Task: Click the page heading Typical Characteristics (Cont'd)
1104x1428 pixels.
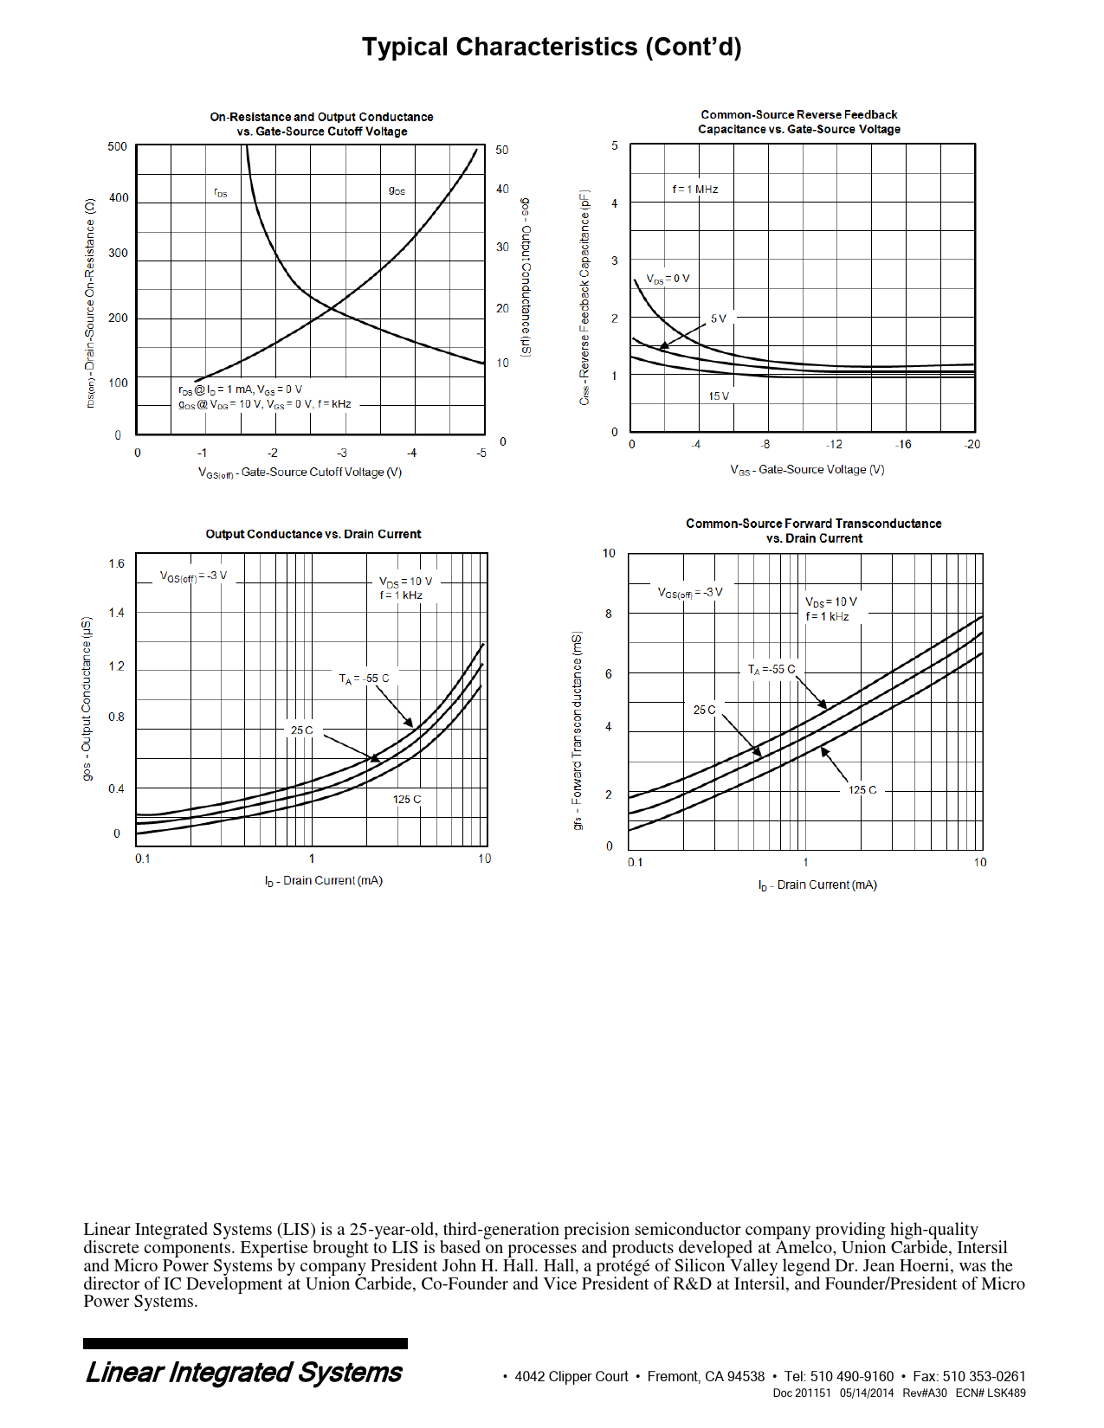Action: click(x=552, y=47)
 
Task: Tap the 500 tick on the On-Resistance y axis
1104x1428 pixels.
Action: click(x=117, y=146)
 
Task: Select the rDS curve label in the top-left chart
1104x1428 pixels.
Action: click(x=221, y=193)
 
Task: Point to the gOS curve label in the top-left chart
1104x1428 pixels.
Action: click(x=397, y=190)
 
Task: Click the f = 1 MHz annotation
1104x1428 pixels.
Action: click(x=695, y=189)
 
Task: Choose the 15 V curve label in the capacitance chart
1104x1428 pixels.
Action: click(x=719, y=396)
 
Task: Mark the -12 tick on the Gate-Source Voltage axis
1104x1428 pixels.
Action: click(x=833, y=444)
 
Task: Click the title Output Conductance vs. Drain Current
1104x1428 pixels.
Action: click(x=313, y=534)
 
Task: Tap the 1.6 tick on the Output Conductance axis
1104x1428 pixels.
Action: click(x=116, y=563)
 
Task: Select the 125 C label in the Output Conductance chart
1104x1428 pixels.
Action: click(x=407, y=799)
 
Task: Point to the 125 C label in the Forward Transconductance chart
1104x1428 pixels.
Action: click(x=862, y=789)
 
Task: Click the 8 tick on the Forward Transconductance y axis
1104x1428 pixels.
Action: click(x=609, y=614)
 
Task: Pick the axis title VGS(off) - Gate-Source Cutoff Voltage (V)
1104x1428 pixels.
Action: click(x=300, y=473)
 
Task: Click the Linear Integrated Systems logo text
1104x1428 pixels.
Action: click(x=244, y=1373)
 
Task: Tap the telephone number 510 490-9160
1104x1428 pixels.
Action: click(x=852, y=1376)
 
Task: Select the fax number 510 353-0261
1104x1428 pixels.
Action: click(x=984, y=1376)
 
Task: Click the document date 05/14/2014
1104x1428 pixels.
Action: click(x=866, y=1393)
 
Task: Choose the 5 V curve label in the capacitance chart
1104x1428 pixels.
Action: click(x=719, y=318)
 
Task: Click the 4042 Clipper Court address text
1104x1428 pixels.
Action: click(x=571, y=1376)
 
